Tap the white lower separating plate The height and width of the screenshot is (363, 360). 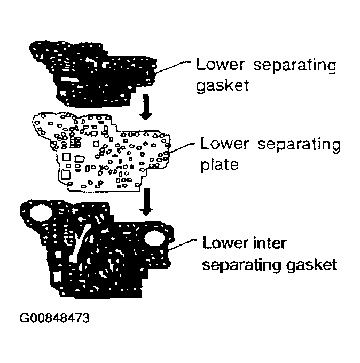(x=107, y=152)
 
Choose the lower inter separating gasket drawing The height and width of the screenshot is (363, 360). (x=96, y=251)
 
